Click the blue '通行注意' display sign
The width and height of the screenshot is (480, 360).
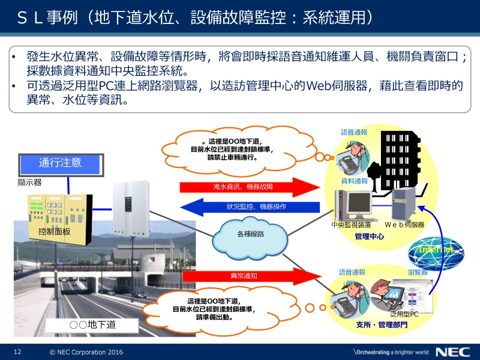coord(61,164)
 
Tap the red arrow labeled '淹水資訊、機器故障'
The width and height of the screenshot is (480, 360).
coord(250,187)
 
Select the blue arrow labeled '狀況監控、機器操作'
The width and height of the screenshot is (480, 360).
coord(250,207)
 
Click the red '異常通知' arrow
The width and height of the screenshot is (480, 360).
coord(251,276)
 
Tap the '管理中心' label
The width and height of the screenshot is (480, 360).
coord(369,236)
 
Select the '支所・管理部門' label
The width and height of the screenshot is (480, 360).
coord(382,325)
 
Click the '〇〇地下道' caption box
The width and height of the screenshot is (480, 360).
coord(92,325)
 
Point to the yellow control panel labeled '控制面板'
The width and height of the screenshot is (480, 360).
coord(60,220)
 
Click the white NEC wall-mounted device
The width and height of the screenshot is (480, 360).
coord(131,209)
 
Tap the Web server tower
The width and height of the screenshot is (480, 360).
coord(403,204)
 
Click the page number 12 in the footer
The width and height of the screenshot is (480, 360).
coord(17,352)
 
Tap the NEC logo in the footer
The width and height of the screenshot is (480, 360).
coord(453,352)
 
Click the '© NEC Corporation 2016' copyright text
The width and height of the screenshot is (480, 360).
coord(86,352)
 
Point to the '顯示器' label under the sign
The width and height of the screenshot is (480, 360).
coord(29,182)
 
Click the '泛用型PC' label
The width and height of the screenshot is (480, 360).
coord(404,314)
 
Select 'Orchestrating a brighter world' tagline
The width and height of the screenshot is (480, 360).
coord(391,352)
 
